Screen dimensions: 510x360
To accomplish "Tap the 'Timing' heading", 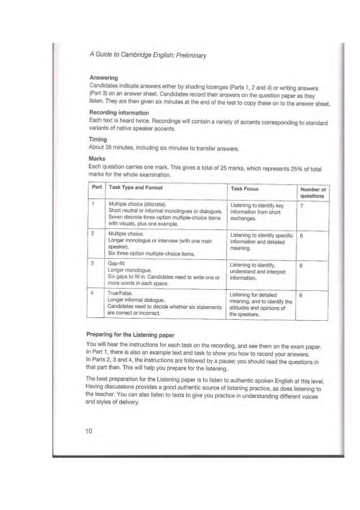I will (x=91, y=137).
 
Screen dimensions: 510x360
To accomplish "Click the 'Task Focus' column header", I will (x=248, y=187).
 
